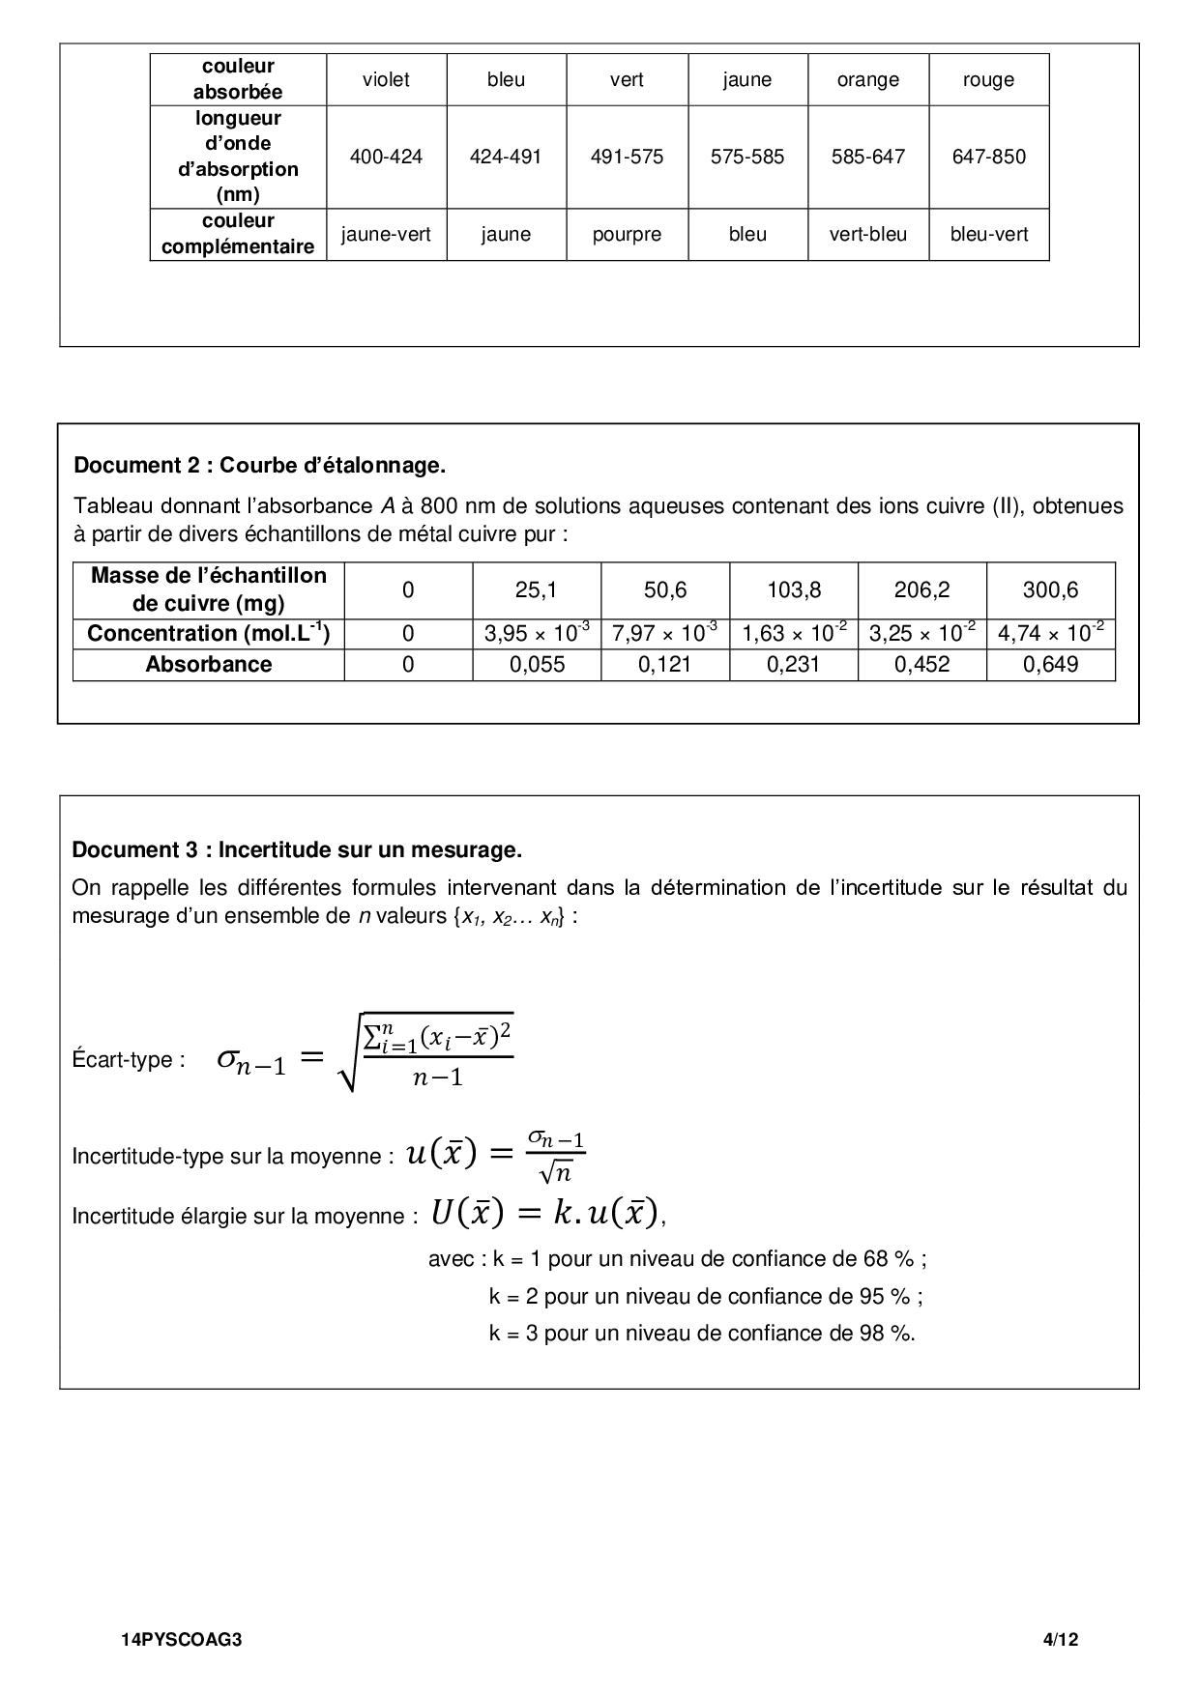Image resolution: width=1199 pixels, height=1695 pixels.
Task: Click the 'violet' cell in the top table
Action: [x=386, y=80]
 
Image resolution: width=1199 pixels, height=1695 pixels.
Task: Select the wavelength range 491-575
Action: [x=627, y=157]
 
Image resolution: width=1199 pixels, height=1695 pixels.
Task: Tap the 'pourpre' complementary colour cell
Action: [x=627, y=235]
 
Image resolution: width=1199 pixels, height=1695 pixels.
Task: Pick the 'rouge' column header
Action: [x=988, y=80]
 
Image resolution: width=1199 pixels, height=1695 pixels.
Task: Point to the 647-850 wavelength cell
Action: [x=988, y=157]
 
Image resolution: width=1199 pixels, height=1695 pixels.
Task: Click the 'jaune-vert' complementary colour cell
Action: [x=386, y=235]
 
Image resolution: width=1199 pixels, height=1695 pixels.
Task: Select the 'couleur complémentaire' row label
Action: [x=238, y=234]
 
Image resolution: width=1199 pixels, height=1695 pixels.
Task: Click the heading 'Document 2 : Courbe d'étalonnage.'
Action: [x=259, y=466]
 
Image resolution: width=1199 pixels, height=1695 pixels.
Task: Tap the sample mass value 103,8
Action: [x=794, y=589]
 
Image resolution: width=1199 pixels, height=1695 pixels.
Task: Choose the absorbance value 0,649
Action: [x=1050, y=665]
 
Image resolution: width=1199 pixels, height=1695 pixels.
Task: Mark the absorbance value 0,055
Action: [x=537, y=665]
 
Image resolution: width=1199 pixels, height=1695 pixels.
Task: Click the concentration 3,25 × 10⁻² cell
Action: [x=921, y=634]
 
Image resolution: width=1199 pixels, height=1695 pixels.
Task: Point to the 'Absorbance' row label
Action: [x=208, y=665]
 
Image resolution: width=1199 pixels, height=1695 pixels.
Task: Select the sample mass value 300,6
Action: [x=1050, y=589]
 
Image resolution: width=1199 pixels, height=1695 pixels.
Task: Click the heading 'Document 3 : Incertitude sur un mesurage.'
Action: [x=297, y=850]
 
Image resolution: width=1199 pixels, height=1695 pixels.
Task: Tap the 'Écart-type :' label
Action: [x=129, y=1060]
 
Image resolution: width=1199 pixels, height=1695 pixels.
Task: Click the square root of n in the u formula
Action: [x=555, y=1173]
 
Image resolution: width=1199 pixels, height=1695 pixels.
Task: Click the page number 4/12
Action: [x=1060, y=1640]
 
